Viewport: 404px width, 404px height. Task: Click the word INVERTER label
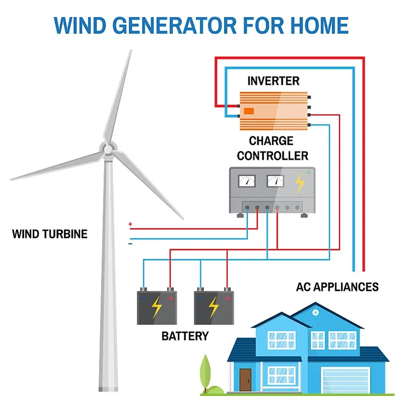273,81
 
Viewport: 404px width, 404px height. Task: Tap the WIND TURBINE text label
49,234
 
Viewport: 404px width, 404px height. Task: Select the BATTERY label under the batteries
185,335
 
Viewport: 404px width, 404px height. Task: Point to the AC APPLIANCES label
337,287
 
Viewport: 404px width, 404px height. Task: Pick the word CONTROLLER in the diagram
272,155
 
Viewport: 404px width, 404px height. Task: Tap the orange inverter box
273,111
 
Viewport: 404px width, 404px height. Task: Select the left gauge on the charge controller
247,181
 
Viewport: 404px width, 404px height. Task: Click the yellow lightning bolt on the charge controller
299,183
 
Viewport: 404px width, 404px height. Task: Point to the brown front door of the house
245,377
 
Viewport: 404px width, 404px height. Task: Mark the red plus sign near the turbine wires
130,224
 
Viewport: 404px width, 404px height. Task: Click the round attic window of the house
316,313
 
